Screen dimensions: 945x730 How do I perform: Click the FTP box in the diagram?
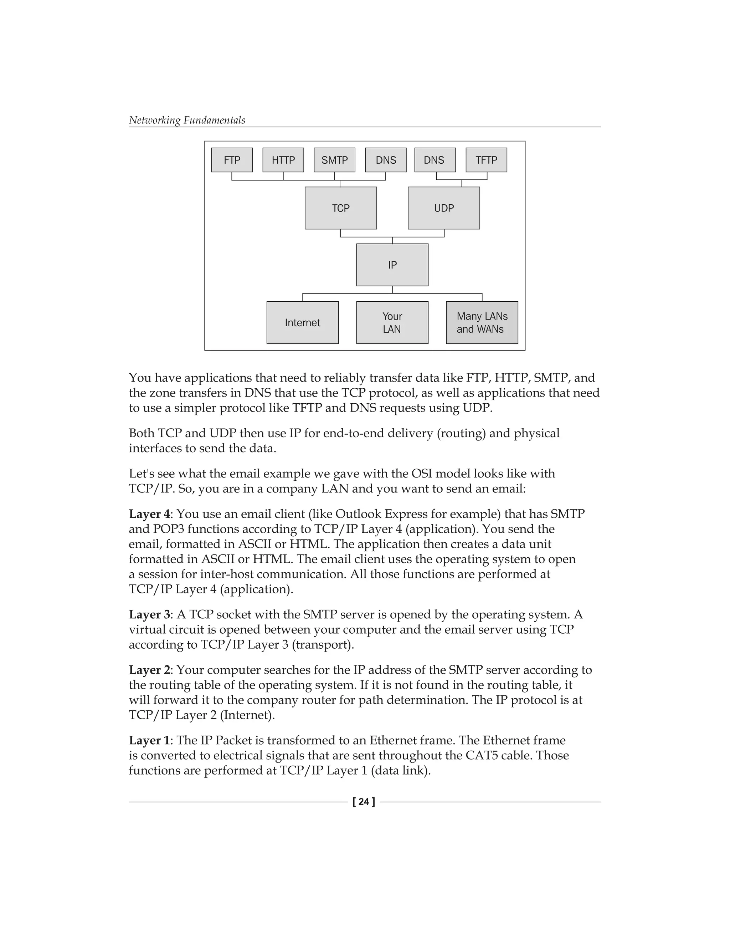point(232,160)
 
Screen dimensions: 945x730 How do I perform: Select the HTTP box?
point(283,160)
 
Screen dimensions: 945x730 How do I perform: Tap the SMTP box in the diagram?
point(334,160)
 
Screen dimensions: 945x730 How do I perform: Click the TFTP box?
point(486,160)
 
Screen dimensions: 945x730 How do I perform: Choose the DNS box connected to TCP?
point(386,160)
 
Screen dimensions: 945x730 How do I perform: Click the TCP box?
point(341,208)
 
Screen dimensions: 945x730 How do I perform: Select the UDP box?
point(444,208)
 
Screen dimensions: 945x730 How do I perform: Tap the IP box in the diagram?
point(392,265)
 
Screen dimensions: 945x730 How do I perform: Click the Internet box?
point(302,323)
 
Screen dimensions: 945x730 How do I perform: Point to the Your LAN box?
point(392,323)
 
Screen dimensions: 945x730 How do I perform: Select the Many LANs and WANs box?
point(482,323)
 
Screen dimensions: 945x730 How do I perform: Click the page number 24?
point(364,802)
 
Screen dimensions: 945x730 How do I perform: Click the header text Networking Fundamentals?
point(187,120)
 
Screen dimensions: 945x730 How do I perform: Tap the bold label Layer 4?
point(149,514)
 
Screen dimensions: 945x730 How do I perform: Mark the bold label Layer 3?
point(149,614)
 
